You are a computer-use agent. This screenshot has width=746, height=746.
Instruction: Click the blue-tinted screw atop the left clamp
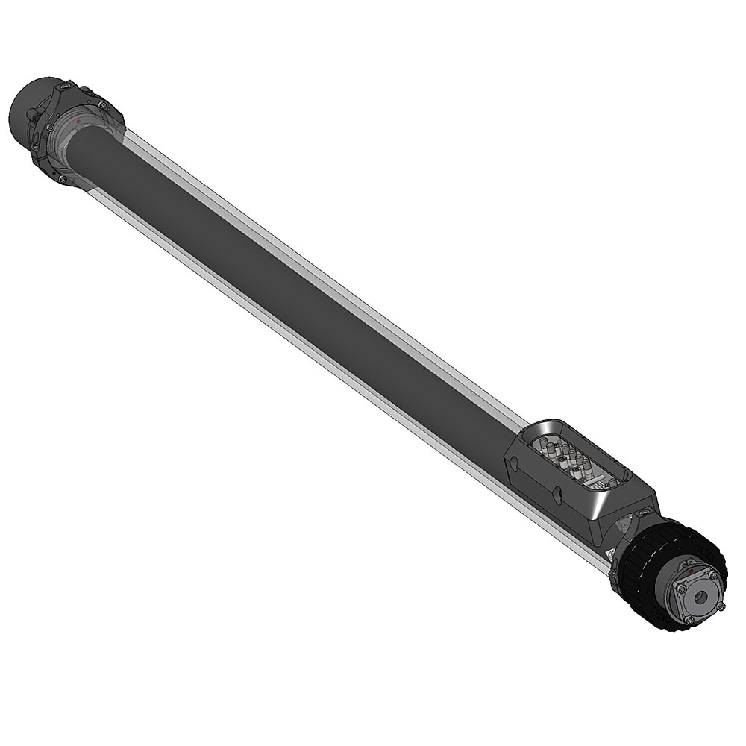pos(66,87)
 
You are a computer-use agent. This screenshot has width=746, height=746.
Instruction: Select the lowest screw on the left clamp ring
pos(62,179)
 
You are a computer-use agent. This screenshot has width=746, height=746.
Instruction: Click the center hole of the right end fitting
pos(702,597)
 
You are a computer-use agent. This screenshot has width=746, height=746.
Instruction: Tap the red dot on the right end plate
pos(692,571)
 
